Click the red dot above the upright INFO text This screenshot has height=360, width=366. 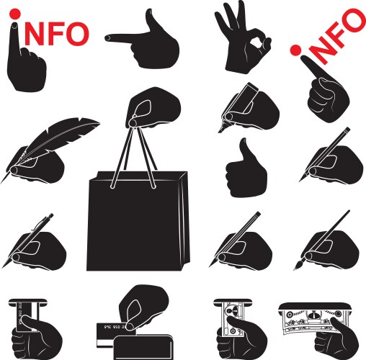[15, 14]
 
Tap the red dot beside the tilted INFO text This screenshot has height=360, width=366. [295, 50]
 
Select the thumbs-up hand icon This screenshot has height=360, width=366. [246, 168]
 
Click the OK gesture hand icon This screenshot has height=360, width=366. [243, 38]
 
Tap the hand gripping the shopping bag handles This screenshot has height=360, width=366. [153, 107]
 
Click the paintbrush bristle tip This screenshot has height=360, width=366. [297, 266]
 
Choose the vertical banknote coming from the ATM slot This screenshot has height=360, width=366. [233, 319]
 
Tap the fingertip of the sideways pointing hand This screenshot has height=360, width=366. [107, 37]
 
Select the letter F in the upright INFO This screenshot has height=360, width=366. [55, 34]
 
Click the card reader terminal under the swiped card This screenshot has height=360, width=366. [143, 347]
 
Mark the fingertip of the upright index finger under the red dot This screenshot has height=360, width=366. [14, 25]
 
